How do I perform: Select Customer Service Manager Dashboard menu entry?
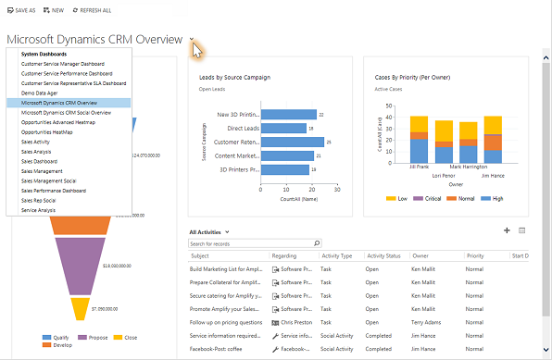tap(63, 64)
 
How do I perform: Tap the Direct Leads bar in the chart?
tap(270, 129)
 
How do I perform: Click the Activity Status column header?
tap(383, 255)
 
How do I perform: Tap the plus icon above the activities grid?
tap(507, 230)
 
